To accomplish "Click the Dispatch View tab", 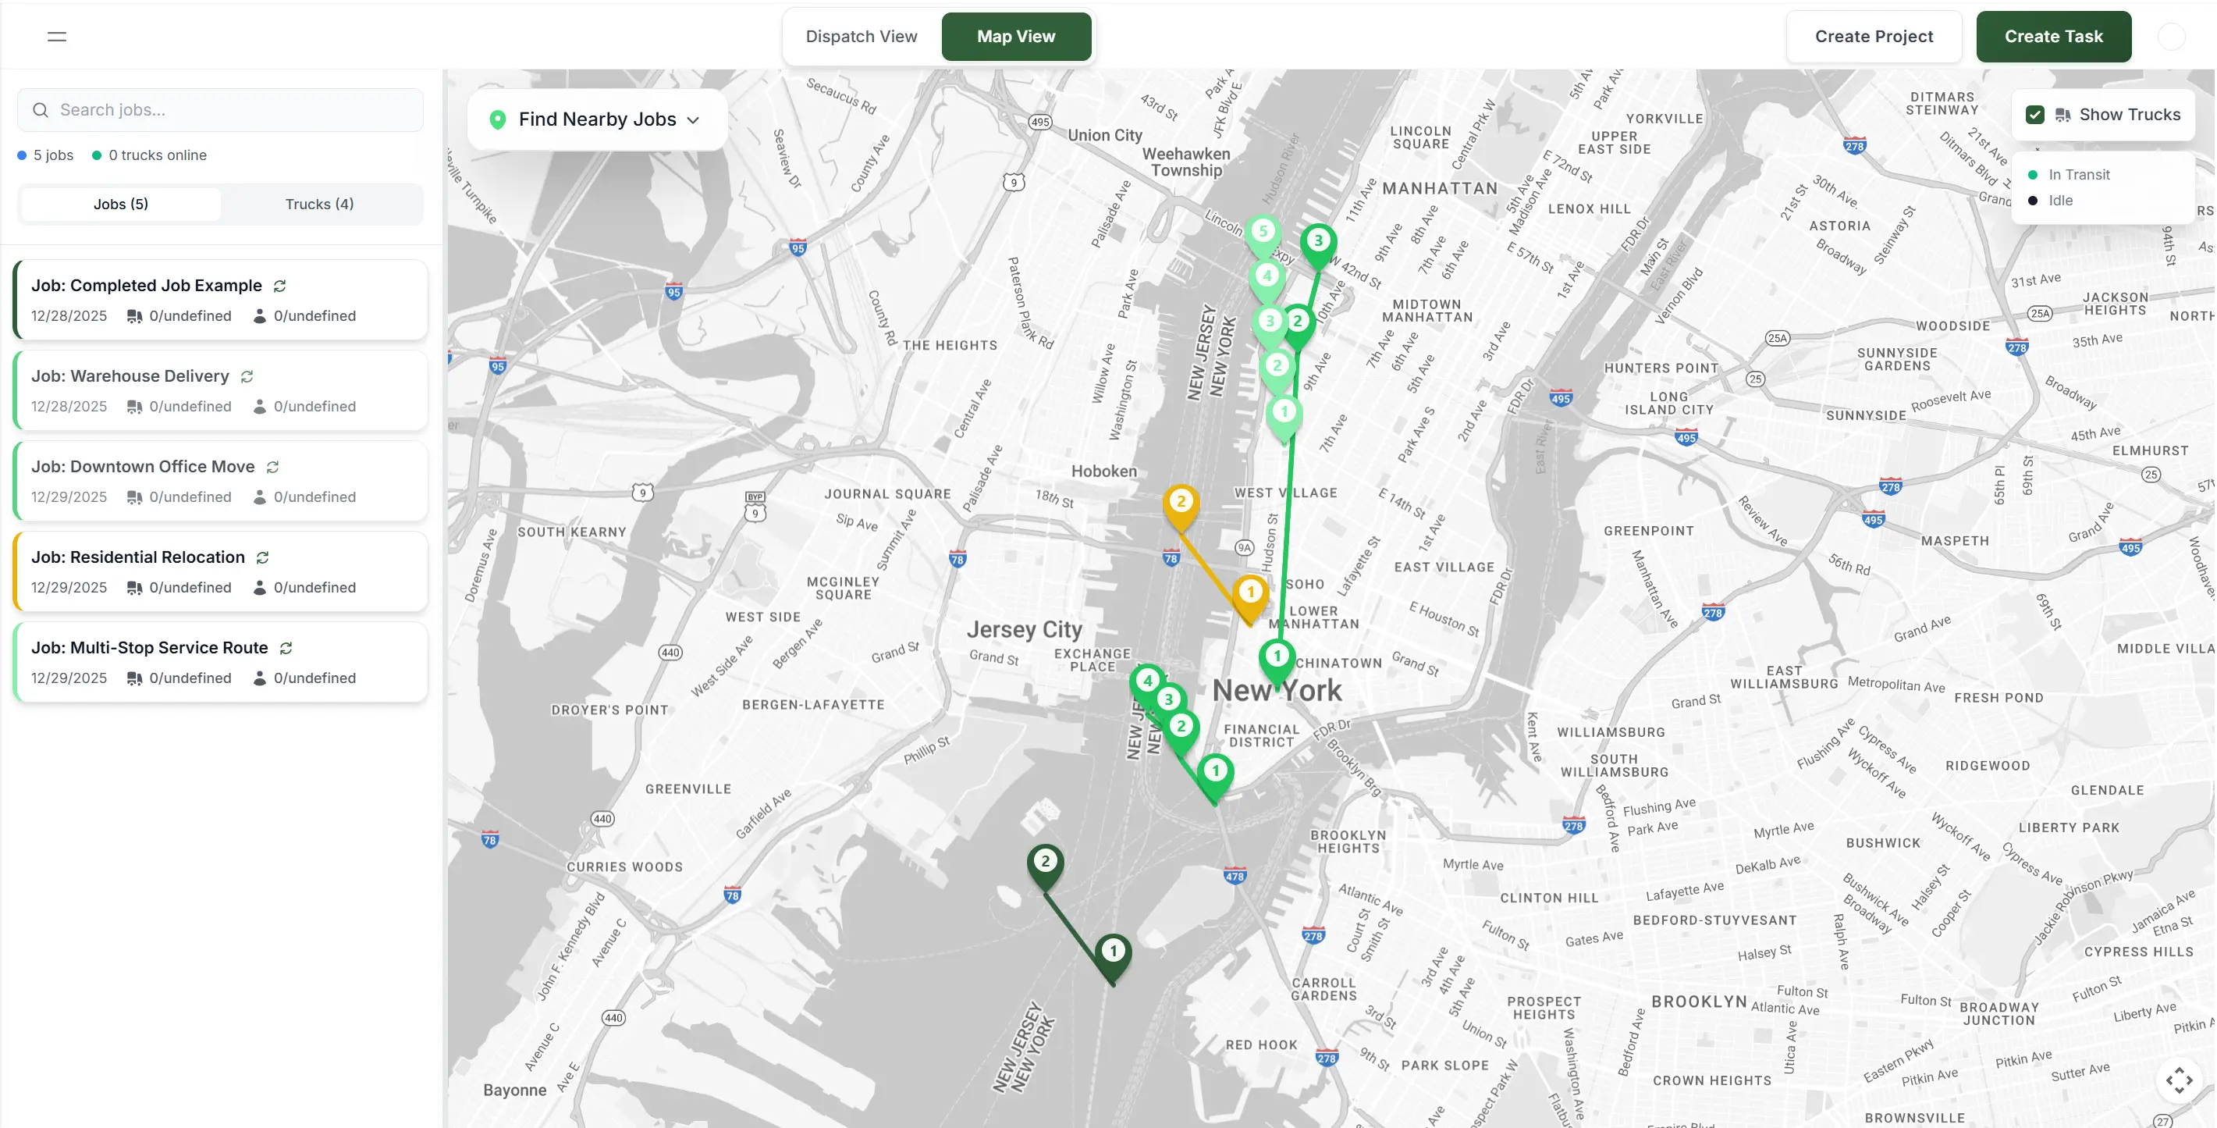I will click(x=861, y=36).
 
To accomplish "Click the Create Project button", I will click(x=1873, y=36).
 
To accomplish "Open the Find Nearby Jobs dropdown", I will click(x=596, y=119).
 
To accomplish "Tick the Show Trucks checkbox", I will click(x=2034, y=116).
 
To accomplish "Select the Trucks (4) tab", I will click(x=319, y=204).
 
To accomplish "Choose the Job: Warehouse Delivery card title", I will click(x=130, y=376).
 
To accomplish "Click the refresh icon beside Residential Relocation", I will click(x=262, y=558).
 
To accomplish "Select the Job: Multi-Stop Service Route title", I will click(x=150, y=647).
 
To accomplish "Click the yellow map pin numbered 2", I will click(x=1181, y=504).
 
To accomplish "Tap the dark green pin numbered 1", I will click(x=1113, y=952).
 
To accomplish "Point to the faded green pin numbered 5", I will click(x=1263, y=233).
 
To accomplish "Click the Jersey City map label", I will click(x=1024, y=629).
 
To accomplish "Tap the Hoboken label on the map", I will click(x=1103, y=471).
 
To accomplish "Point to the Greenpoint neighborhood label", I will click(x=1648, y=532).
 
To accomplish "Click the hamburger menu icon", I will click(x=57, y=36).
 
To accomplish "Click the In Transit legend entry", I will click(x=2078, y=175).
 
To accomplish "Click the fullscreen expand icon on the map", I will click(x=2179, y=1080).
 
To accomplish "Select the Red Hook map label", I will click(x=1261, y=1044).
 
